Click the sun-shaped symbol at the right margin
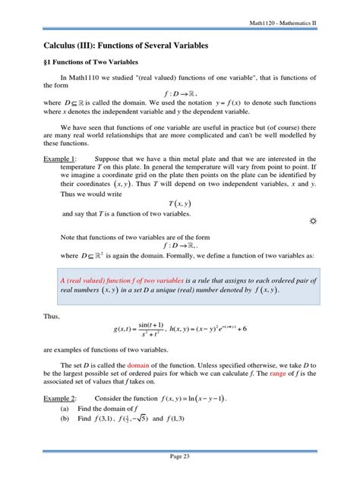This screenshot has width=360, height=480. click(x=313, y=242)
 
